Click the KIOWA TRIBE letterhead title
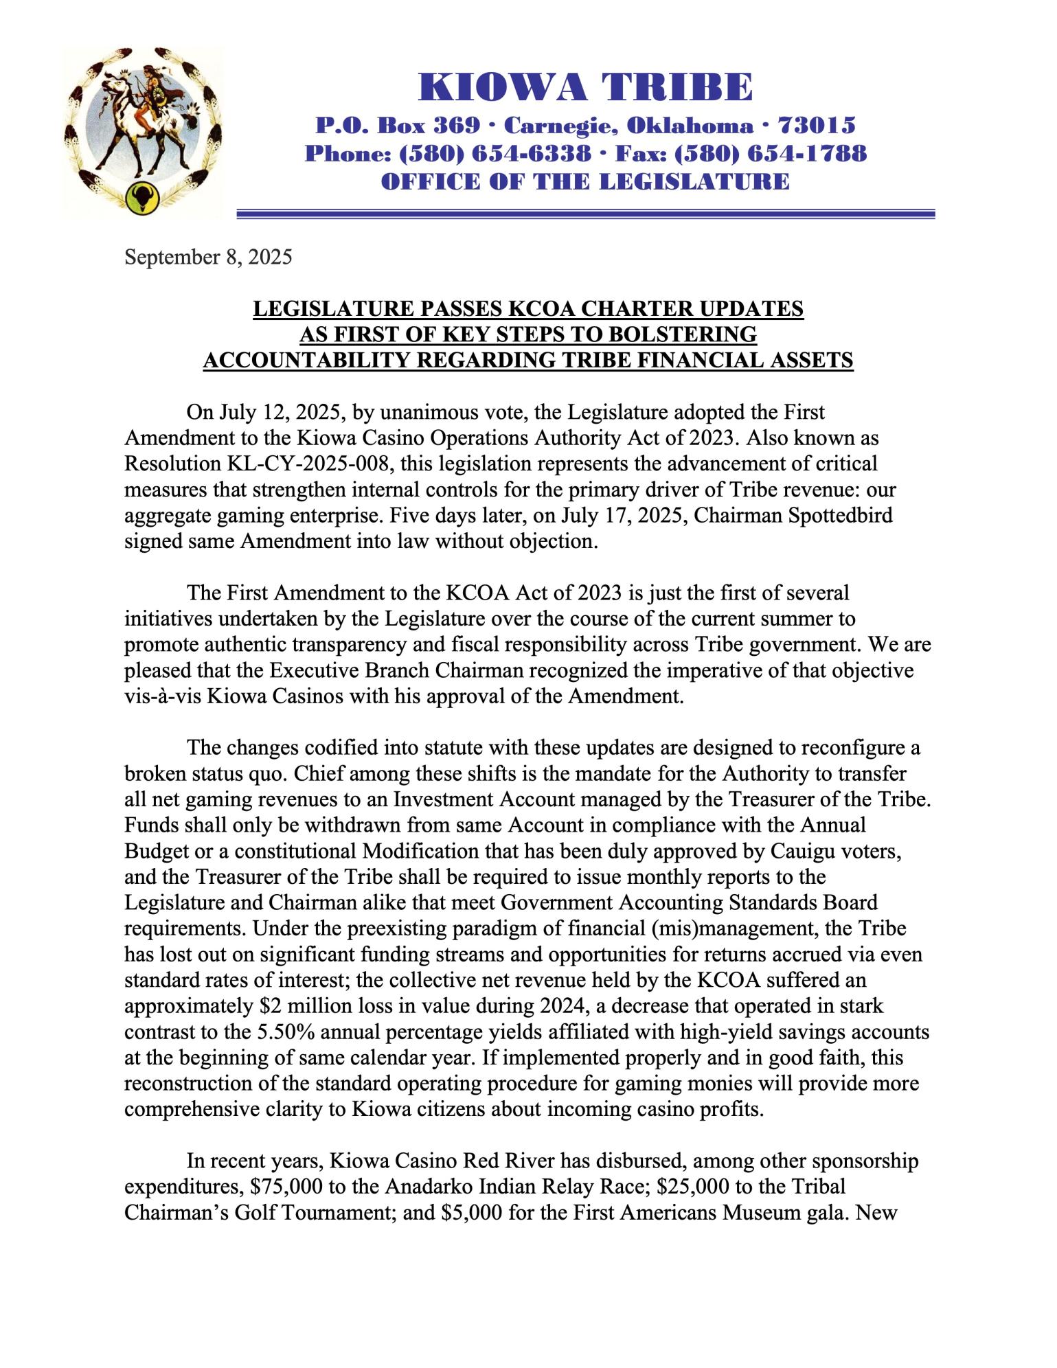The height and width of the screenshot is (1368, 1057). click(x=585, y=88)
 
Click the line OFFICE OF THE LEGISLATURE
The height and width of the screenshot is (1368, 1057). click(x=585, y=181)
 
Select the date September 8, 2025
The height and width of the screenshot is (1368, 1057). click(x=208, y=258)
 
